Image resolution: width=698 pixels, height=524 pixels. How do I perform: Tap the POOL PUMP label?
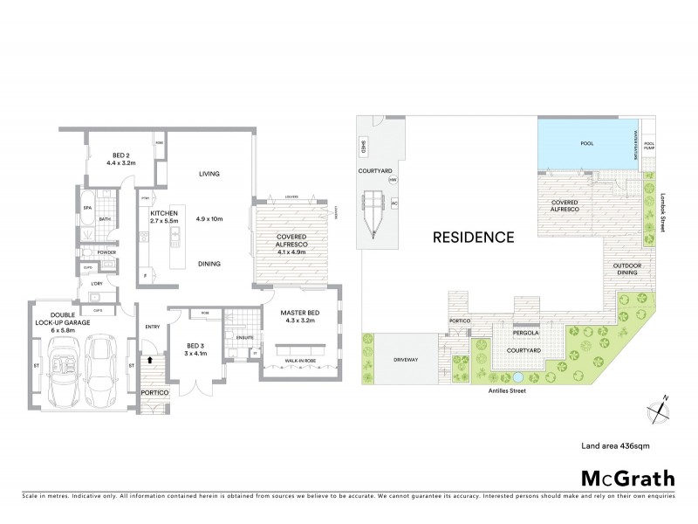pos(648,147)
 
